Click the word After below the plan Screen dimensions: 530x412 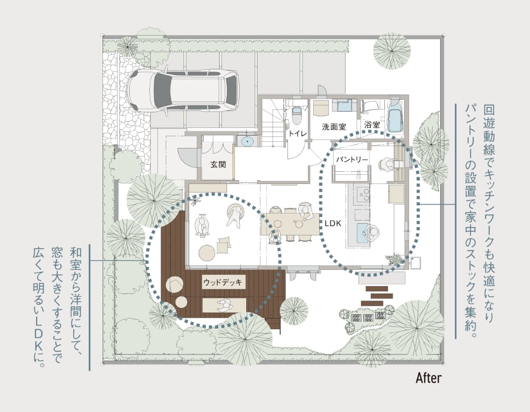pyautogui.click(x=428, y=377)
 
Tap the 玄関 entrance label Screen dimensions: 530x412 pyautogui.click(x=218, y=165)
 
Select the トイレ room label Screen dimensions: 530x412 pyautogui.click(x=298, y=134)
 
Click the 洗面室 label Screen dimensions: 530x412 pyautogui.click(x=334, y=127)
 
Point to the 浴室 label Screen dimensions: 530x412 pyautogui.click(x=372, y=125)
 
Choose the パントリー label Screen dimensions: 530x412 pyautogui.click(x=352, y=159)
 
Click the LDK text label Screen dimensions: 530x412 pyautogui.click(x=333, y=223)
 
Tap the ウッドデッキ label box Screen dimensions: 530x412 pyautogui.click(x=223, y=282)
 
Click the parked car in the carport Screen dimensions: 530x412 pyautogui.click(x=183, y=89)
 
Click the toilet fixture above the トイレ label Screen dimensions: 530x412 pyautogui.click(x=296, y=115)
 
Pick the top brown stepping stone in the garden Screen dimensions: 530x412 pyautogui.click(x=377, y=289)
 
